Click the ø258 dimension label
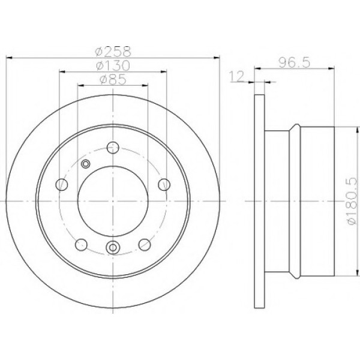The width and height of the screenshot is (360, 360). [113, 52]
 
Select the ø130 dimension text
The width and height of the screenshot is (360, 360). [113, 65]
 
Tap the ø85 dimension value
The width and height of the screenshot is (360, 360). [113, 80]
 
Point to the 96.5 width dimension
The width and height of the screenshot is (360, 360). [295, 62]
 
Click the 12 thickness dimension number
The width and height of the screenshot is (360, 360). [237, 76]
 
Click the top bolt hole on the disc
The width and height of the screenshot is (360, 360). [113, 148]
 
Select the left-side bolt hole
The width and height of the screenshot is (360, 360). [62, 185]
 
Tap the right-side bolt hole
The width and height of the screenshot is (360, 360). [164, 185]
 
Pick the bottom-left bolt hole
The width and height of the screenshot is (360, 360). [81, 245]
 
